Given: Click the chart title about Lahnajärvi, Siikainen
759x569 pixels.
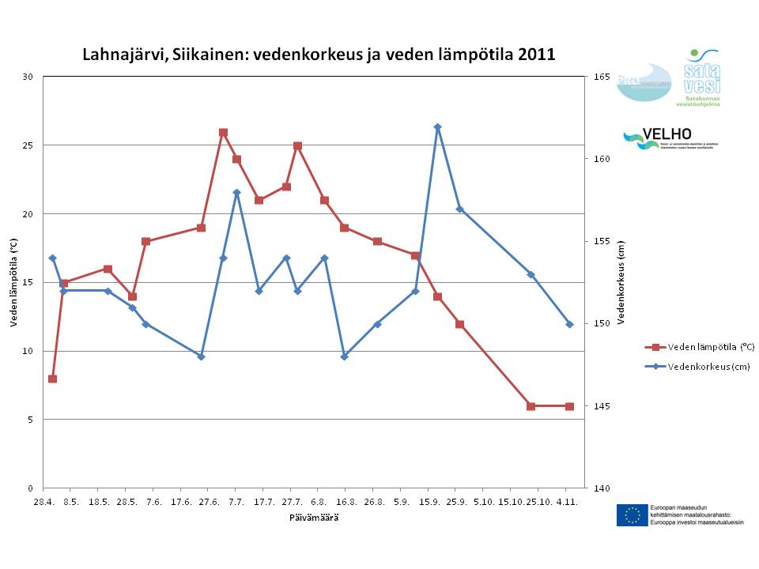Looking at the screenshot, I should point(319,55).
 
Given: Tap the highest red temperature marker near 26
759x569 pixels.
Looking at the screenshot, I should point(223,133).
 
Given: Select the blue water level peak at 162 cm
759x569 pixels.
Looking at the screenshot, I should point(437,127).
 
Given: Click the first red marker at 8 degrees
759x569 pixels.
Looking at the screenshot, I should point(52,379).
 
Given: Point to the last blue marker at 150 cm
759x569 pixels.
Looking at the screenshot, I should point(569,324).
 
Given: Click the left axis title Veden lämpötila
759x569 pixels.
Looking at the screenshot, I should point(13,282).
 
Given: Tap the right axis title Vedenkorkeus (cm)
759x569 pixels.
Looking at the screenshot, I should point(621,282).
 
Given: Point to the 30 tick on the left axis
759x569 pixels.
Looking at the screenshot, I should point(28,77).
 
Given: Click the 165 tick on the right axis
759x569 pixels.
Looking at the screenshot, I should point(601,77).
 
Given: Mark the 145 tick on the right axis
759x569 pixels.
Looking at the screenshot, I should point(601,406).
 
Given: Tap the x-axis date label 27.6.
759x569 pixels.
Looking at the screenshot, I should point(209,502).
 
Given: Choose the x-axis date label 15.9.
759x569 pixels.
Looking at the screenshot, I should point(429,502).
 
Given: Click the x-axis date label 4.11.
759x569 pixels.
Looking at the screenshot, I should point(567,502).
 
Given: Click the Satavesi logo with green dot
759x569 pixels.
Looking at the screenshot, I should point(697,77).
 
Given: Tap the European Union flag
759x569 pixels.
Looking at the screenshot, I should point(632,515).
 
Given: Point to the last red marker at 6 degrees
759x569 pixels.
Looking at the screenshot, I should point(569,406).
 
